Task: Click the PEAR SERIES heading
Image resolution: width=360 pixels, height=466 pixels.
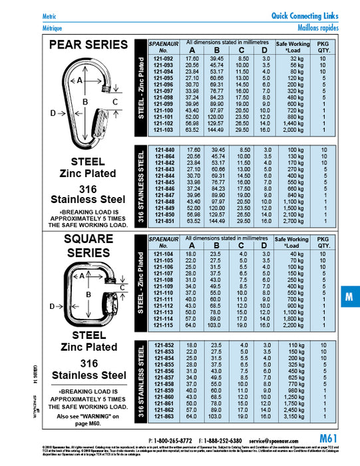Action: tap(89, 45)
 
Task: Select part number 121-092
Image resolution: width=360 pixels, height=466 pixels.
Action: tap(164, 59)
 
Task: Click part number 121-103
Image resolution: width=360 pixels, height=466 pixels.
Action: tap(164, 130)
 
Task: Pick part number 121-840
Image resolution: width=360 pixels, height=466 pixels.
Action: tap(164, 150)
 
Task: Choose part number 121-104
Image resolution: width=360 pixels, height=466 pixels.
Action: tap(164, 254)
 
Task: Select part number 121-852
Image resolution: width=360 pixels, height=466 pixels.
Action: tap(164, 345)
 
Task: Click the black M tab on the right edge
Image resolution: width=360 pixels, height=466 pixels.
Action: tap(349, 298)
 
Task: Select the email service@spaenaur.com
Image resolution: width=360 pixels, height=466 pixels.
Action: tap(288, 441)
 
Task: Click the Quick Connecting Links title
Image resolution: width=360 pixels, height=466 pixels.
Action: tap(305, 16)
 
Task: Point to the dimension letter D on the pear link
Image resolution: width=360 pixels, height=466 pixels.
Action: tap(53, 113)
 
